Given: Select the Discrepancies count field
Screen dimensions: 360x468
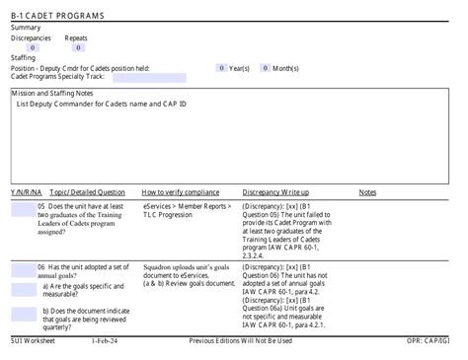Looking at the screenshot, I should point(33,47).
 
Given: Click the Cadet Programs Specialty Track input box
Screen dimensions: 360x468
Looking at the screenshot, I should point(148,77).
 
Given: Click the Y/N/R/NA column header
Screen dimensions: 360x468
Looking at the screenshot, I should point(25,192).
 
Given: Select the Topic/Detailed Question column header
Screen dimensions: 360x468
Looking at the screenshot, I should point(87,192).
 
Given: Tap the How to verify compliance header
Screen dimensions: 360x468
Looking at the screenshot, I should point(181,192).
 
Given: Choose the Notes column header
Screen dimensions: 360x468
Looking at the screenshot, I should point(367,192).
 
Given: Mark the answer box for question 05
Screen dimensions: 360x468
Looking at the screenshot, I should point(23,207).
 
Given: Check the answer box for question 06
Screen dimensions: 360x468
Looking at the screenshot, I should point(23,268).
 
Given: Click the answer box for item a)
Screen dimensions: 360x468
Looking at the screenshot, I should point(23,289).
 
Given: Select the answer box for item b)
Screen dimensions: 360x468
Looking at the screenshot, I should point(23,314).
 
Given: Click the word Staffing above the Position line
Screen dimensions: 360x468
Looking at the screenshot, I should point(24,58).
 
